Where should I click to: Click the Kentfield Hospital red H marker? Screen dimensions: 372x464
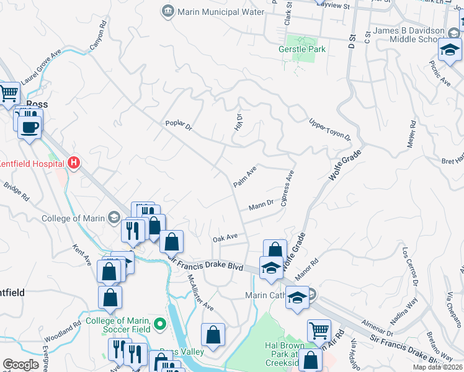click(x=74, y=164)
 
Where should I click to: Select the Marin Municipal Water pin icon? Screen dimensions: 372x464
click(x=167, y=11)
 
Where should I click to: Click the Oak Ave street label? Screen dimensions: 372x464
click(x=225, y=238)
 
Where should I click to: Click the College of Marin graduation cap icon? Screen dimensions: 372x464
click(x=114, y=217)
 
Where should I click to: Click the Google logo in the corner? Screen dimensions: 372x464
click(x=20, y=365)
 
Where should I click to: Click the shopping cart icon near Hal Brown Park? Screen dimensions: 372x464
click(x=319, y=331)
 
